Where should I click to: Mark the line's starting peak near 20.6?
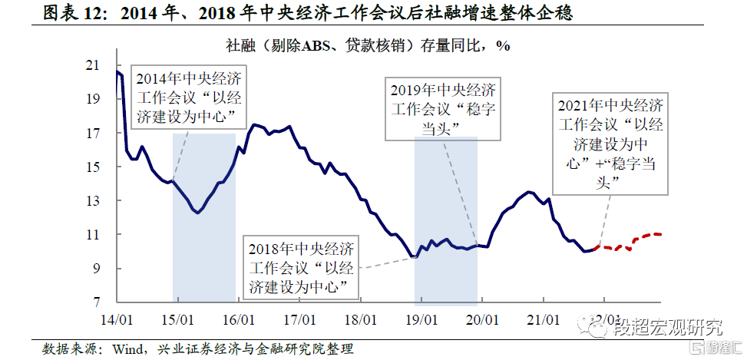pyautogui.click(x=117, y=72)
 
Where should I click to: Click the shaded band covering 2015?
pyautogui.click(x=204, y=246)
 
